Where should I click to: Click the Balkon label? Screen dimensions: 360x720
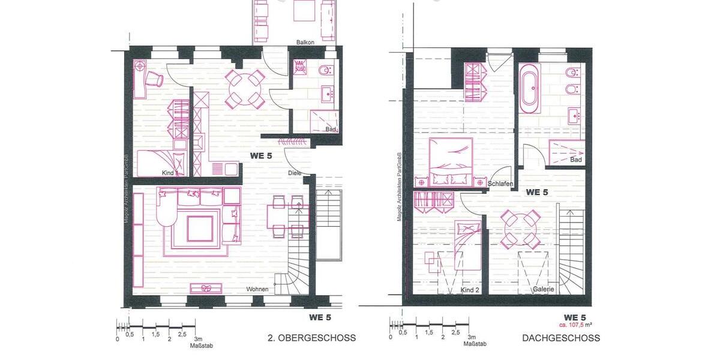pos(305,42)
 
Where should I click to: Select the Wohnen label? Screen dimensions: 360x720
pos(257,289)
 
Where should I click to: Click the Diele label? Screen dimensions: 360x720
pos(295,173)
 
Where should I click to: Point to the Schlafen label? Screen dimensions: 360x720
pos(500,184)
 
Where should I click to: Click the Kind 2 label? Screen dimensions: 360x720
pos(470,290)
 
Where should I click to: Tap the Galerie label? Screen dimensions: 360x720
pos(543,290)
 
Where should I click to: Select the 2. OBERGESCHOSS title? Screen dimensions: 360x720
pos(311,338)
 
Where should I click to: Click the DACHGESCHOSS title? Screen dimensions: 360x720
pos(561,338)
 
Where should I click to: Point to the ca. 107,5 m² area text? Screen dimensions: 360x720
pos(574,325)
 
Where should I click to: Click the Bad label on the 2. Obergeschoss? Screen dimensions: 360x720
pos(331,129)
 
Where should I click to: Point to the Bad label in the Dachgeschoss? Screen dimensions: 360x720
pos(576,160)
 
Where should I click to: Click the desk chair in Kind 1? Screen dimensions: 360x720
pos(155,78)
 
